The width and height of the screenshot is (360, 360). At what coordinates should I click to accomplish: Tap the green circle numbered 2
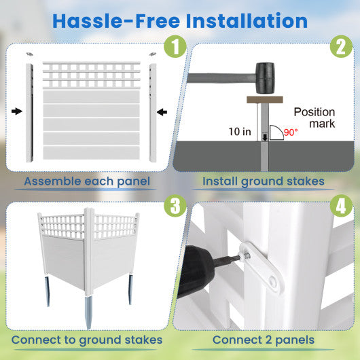pos(339,48)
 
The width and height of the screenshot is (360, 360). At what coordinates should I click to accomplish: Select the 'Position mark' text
pos(314,118)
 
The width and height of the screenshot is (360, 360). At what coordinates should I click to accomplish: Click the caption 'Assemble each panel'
pos(87,181)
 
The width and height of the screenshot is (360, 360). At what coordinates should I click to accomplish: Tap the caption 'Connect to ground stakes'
pos(87,340)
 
